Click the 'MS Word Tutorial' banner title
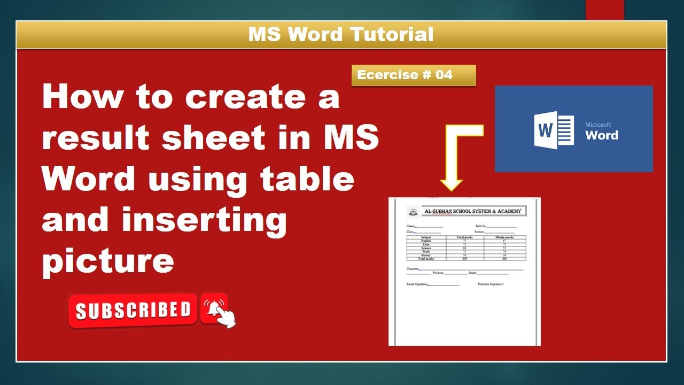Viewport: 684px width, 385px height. (341, 35)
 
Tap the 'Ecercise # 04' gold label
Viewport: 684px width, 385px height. (405, 75)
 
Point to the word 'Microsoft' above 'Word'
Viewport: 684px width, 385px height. (598, 125)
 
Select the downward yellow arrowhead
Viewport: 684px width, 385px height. (451, 184)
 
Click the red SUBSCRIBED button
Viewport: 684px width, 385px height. (133, 310)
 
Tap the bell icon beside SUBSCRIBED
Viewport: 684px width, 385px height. (214, 308)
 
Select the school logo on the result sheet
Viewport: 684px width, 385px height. (413, 212)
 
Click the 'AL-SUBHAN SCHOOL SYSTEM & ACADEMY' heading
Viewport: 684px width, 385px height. (472, 211)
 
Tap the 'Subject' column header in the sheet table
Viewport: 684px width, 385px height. (426, 237)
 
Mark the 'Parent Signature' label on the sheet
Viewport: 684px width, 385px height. (417, 284)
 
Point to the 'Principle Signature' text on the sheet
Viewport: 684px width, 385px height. (491, 284)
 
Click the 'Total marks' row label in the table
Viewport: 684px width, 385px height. (426, 259)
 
